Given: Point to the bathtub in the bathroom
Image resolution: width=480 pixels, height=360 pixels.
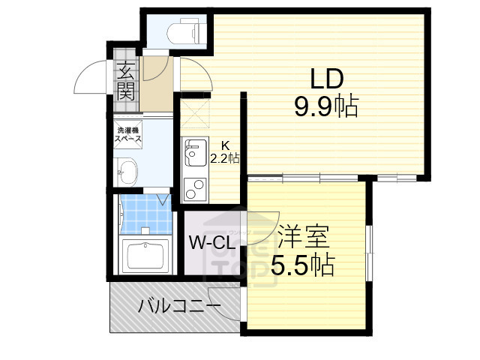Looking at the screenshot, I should tap(148, 255).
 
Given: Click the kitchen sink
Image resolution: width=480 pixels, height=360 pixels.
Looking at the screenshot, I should tap(195, 154).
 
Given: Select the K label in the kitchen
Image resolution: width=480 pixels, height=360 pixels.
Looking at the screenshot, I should tap(224, 145).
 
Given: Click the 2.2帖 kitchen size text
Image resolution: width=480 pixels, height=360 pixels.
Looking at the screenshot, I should tap(225, 158).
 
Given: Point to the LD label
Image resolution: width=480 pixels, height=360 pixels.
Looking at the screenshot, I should tap(325, 79).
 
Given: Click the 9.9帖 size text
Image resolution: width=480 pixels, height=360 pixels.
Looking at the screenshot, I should tap(325, 107).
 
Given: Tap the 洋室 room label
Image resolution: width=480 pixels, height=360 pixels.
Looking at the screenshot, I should tap(303, 238).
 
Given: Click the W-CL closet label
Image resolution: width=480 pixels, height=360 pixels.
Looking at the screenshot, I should tap(212, 243).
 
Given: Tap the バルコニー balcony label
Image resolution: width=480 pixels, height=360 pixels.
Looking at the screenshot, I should tap(178, 306).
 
